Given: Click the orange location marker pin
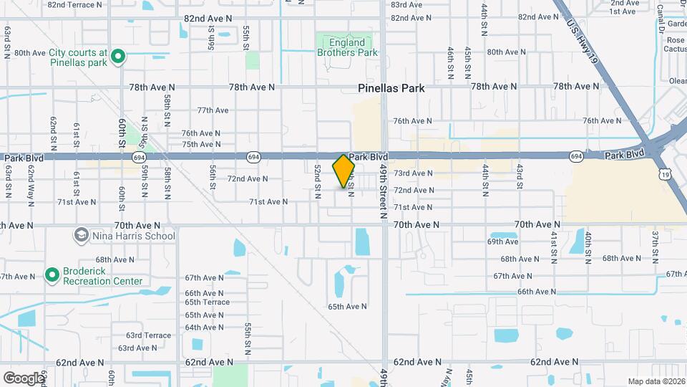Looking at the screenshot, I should coord(344,171).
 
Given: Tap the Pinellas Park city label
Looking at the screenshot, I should coord(391,88).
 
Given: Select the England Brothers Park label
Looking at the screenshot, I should coord(347,47).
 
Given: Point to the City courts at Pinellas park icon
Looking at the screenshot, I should coord(120,55).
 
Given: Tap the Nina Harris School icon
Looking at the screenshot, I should coord(81,235).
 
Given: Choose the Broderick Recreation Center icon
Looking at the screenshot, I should coord(52,274).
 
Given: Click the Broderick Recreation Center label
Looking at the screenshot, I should coord(103,276).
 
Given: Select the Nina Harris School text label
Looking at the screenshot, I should coord(133,236).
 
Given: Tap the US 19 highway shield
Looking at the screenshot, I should coord(666,174).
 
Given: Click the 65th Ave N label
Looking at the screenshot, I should coord(348,306).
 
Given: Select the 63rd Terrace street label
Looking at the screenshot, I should coord(148,335).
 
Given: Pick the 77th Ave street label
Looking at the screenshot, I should coord(213,110).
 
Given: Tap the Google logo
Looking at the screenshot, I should coord(23,378).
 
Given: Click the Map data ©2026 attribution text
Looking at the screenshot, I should coord(656,381).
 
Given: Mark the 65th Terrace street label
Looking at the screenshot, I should coord(207,302).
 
